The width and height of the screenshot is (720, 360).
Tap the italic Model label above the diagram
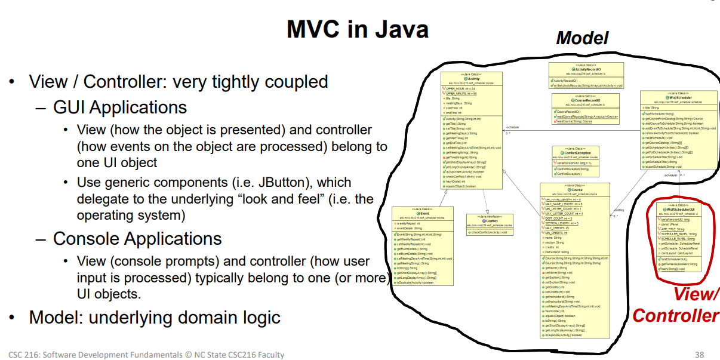[x=581, y=38]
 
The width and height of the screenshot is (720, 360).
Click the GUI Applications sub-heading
[x=120, y=107]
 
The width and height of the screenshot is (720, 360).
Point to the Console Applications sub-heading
[x=137, y=238]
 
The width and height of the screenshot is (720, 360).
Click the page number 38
[x=699, y=355]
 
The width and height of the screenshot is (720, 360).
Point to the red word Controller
[x=675, y=315]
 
